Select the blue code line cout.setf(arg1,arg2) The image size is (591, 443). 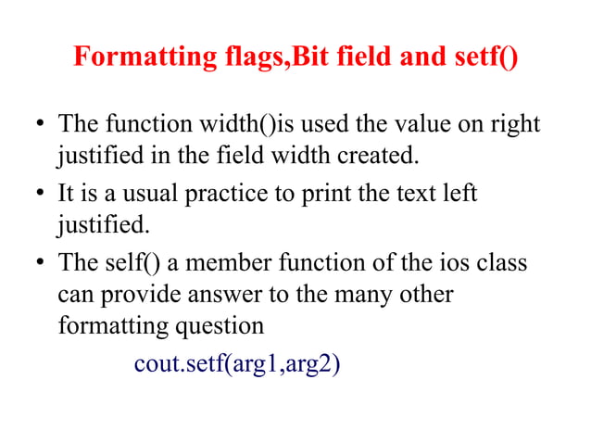237,364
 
